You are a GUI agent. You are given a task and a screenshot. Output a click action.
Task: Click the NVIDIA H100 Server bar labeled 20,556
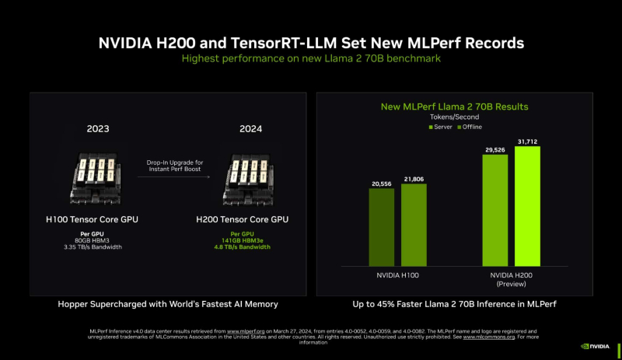381,228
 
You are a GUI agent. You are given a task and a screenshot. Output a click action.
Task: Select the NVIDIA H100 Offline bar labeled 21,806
414,225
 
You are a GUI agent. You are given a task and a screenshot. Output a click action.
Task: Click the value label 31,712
527,141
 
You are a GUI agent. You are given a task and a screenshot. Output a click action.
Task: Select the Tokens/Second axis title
453,117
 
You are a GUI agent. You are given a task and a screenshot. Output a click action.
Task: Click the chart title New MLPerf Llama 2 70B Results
453,106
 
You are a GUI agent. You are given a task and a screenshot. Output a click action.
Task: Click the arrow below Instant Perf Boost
176,177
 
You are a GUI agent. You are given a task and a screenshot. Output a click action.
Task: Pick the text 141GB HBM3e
246,241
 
